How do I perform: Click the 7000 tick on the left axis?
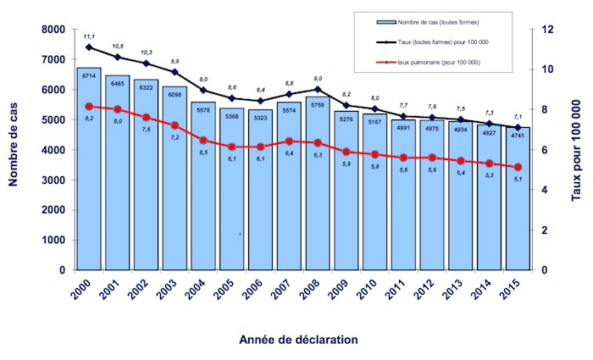pos(52,60)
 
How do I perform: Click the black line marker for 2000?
pos(89,47)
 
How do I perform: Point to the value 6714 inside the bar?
pos(89,75)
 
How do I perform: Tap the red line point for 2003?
pos(175,125)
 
